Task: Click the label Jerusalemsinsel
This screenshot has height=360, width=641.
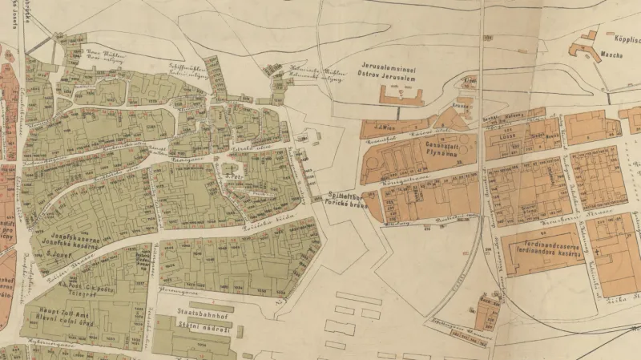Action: [388, 69]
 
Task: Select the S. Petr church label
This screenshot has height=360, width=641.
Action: [234, 176]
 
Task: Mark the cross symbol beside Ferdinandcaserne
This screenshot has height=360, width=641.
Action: [594, 251]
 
